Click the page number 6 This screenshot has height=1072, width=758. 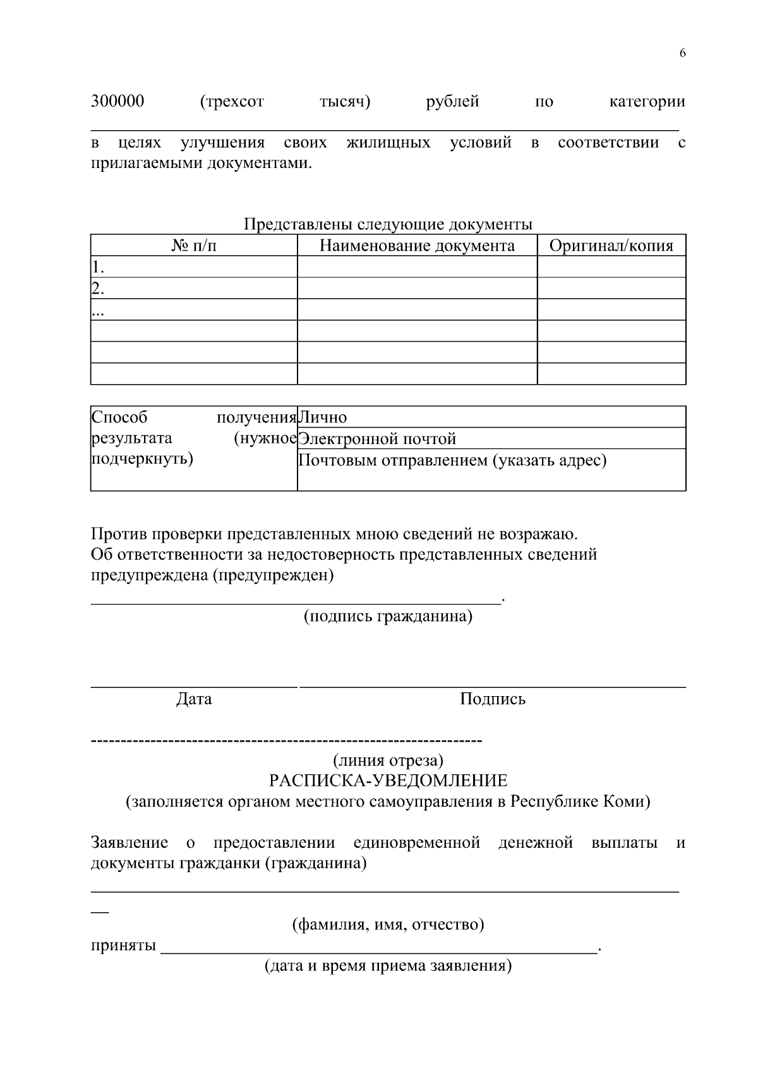682,53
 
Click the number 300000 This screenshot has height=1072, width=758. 117,102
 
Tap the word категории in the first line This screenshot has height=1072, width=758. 647,102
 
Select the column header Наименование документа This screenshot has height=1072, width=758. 417,246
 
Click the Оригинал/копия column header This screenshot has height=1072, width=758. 611,246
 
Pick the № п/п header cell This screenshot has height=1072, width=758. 194,246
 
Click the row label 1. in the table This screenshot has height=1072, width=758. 98,267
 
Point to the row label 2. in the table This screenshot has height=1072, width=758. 98,289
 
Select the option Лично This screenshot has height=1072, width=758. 323,418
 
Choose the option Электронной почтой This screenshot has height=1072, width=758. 377,439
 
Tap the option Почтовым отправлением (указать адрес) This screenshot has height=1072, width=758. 452,461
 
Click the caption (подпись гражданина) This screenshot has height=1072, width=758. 388,617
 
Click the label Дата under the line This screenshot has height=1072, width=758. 194,699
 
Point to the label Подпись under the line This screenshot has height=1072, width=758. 493,699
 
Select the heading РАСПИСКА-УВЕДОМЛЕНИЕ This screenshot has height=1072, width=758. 388,781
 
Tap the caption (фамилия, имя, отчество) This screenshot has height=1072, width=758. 388,925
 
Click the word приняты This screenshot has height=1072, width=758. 124,946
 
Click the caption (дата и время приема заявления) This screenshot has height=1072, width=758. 388,967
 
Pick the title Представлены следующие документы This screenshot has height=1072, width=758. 388,225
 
